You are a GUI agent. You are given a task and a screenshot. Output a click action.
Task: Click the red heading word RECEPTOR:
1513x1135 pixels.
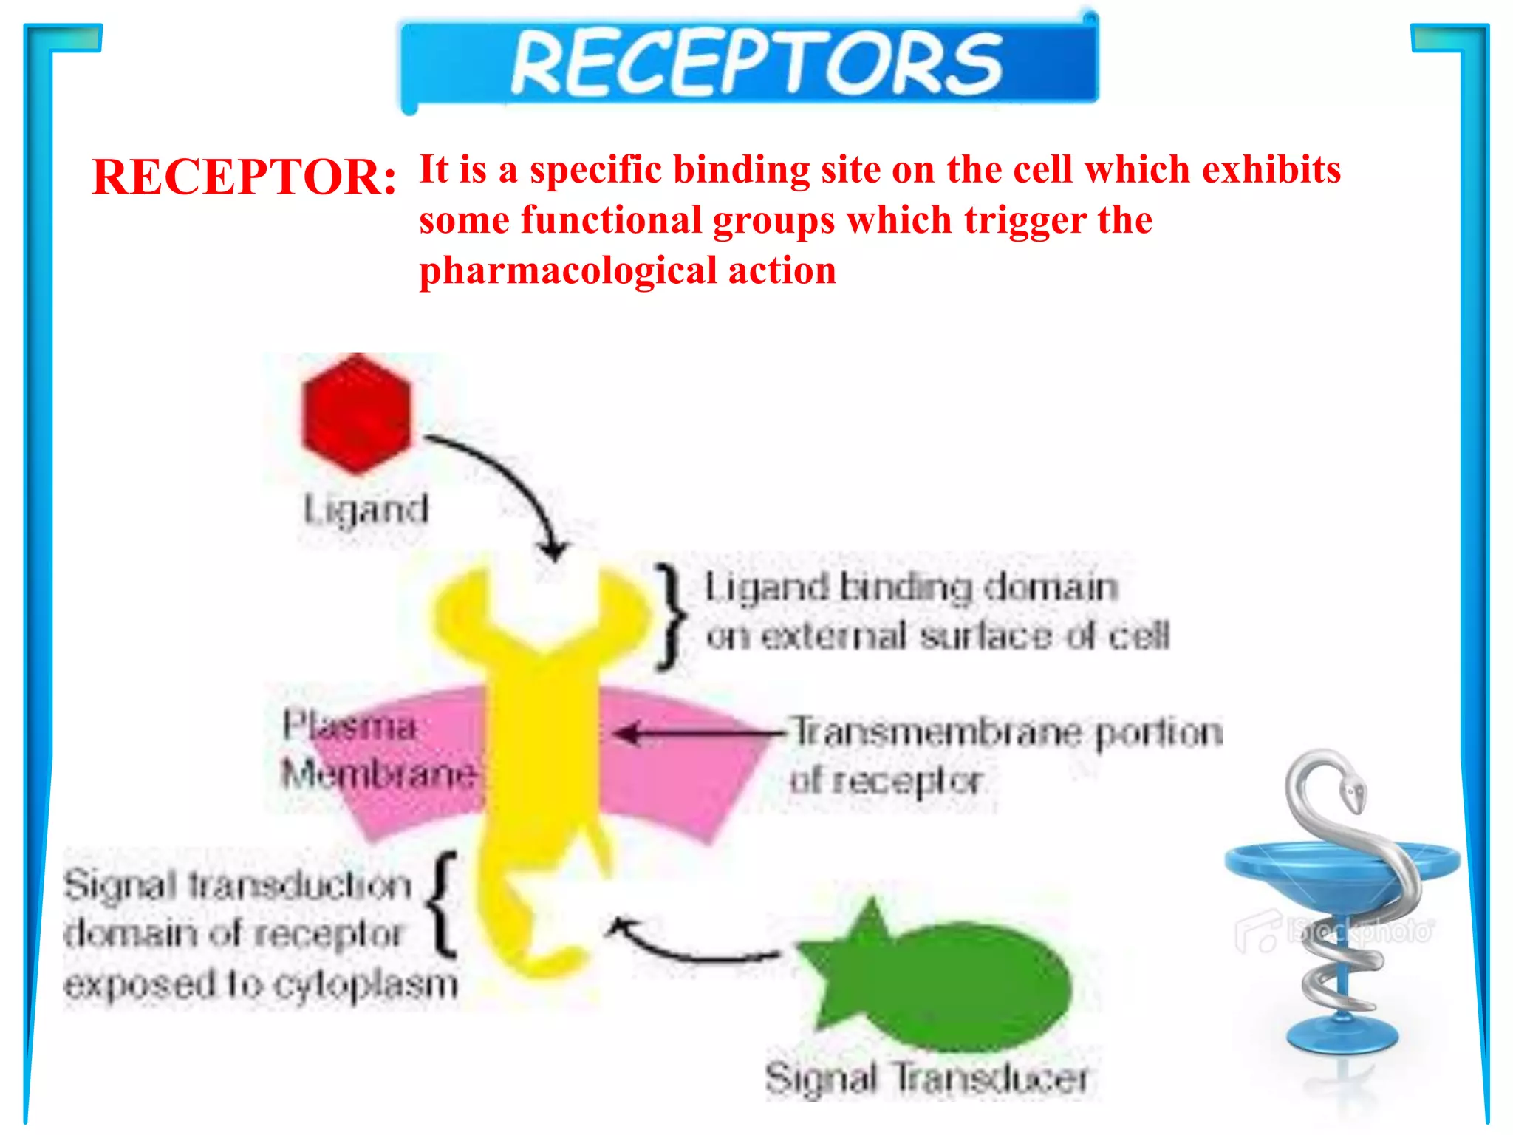pos(244,177)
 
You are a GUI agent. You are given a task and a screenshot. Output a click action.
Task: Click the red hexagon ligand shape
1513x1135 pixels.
pos(356,415)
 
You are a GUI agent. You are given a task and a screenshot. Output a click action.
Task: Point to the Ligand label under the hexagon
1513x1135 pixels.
pos(366,510)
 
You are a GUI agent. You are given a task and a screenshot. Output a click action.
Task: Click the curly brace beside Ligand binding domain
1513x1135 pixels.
pos(671,617)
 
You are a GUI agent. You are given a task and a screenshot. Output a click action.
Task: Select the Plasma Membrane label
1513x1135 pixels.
pos(377,750)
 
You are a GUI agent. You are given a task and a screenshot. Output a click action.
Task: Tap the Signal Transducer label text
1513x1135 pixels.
pos(926,1078)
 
